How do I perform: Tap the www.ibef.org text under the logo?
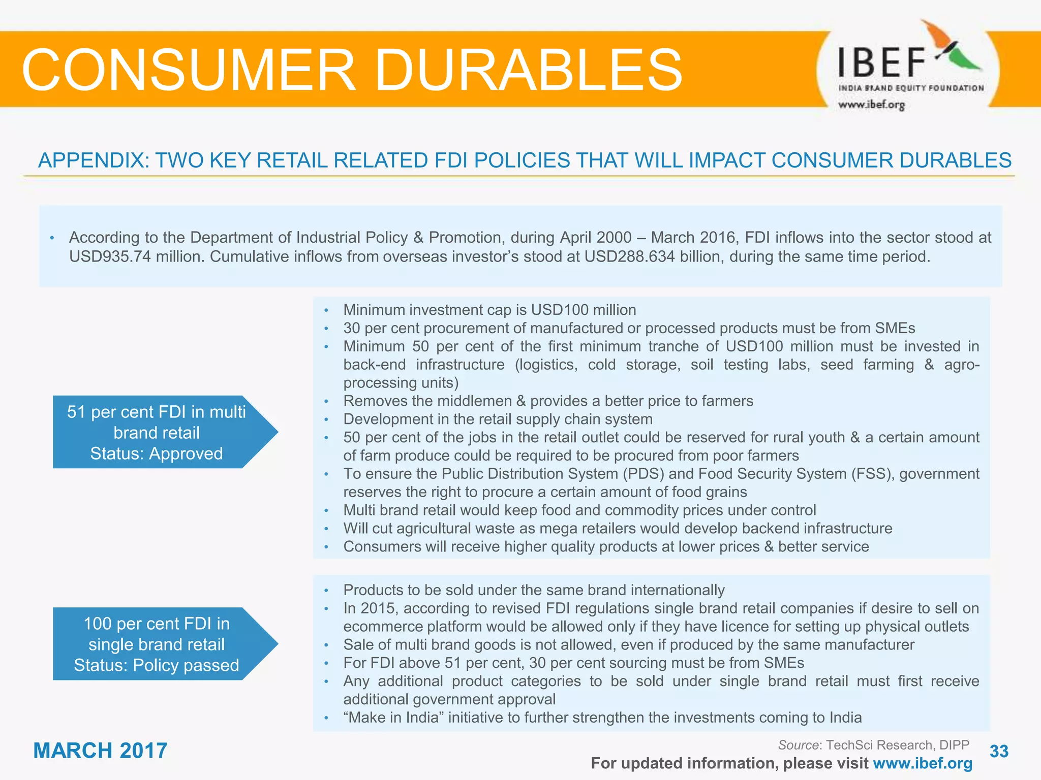(871, 105)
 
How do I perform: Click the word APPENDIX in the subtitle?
(94, 160)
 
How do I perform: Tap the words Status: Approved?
(157, 453)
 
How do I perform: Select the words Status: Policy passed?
(157, 665)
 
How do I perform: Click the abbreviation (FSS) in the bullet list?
(870, 474)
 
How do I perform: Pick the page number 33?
(999, 751)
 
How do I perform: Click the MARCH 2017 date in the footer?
(100, 751)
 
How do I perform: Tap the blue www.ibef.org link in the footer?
(923, 763)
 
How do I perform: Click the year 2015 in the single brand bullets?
(376, 608)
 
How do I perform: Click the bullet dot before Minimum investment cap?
(326, 310)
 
